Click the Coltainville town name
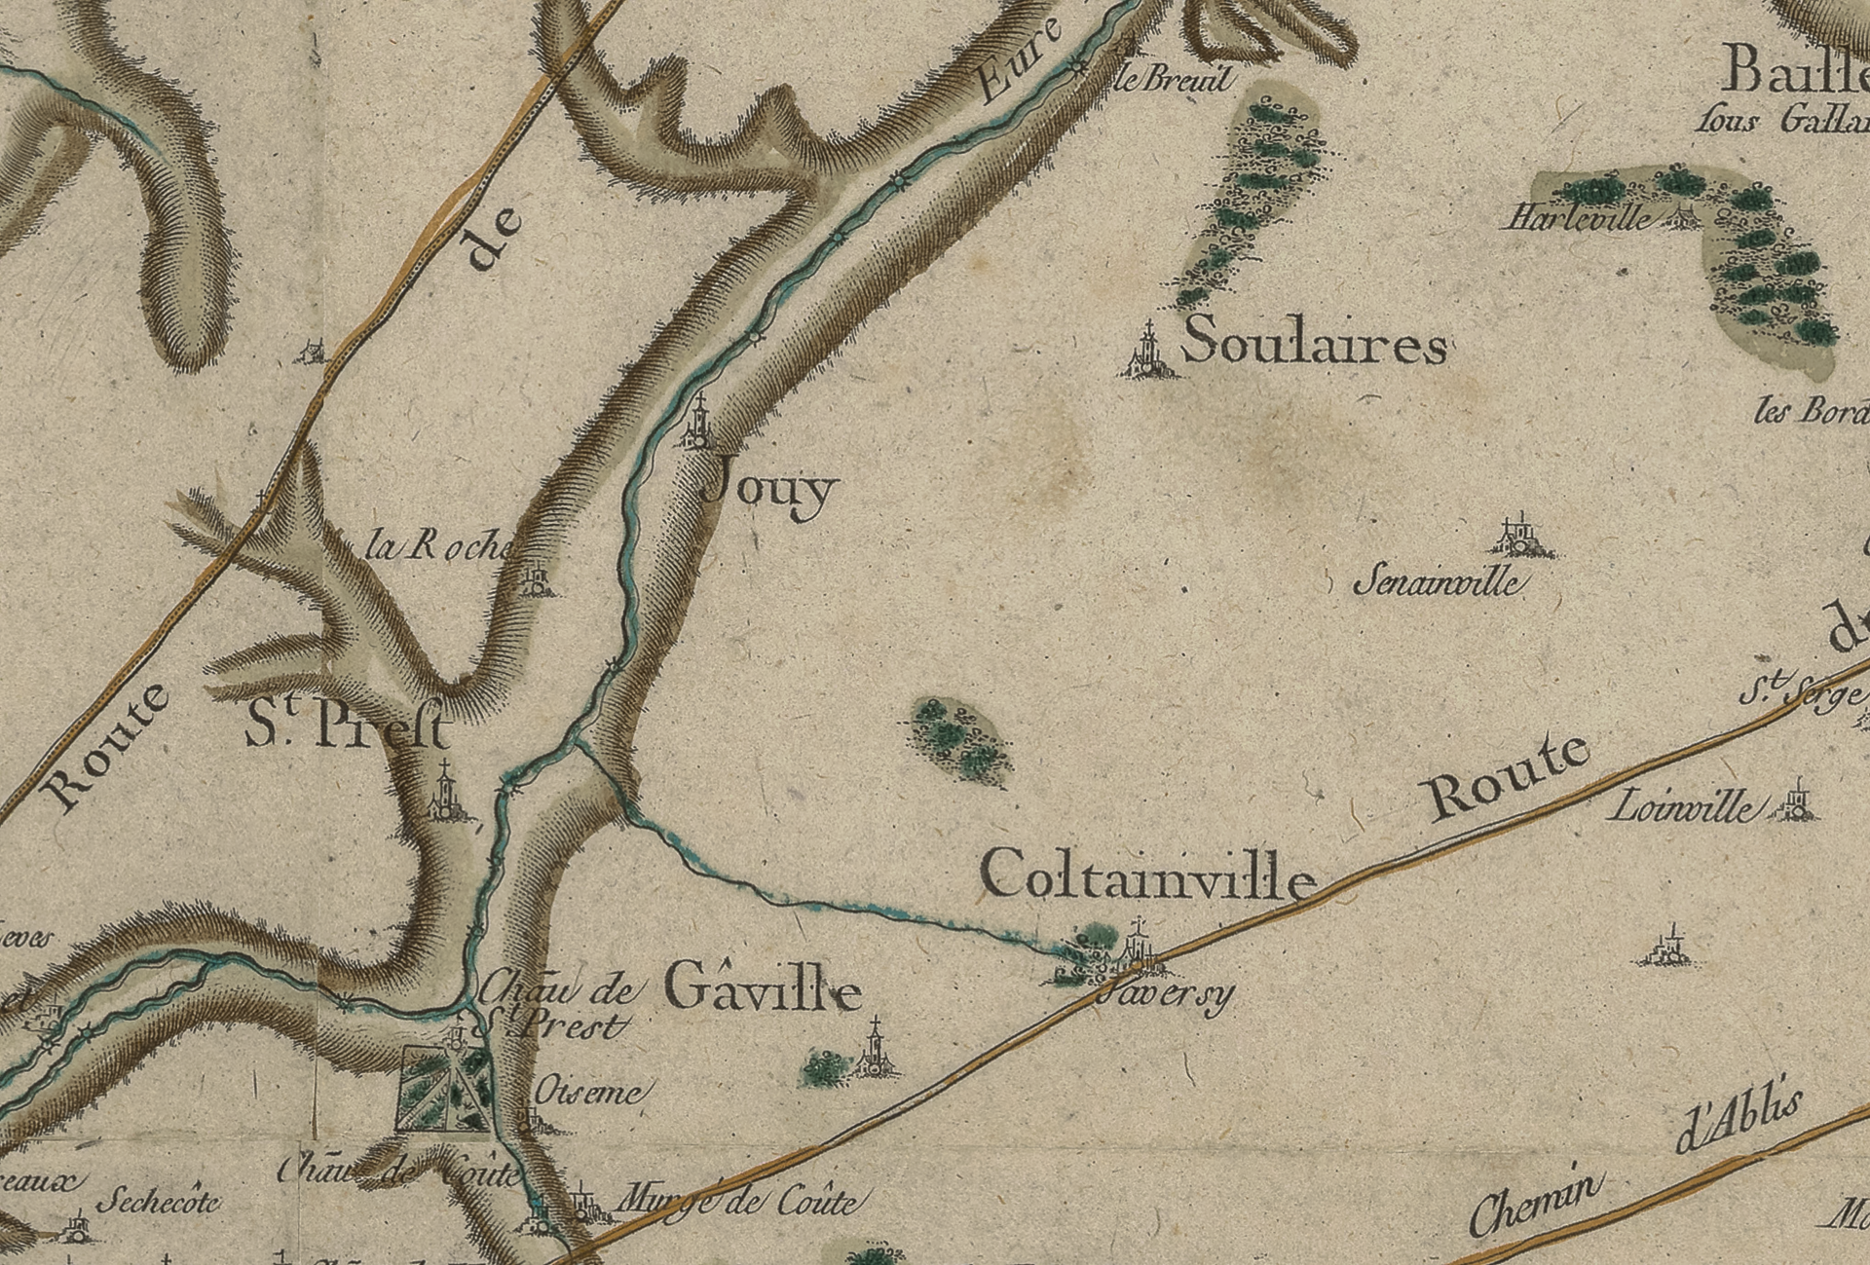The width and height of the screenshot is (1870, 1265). coord(1148,874)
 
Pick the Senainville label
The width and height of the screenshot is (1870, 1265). coord(1438,582)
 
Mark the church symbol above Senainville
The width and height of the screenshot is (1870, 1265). coord(1517,537)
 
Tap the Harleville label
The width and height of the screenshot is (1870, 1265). coord(1579,217)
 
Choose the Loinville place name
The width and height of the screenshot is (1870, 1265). coord(1683,806)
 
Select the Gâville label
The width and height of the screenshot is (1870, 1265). coord(764,991)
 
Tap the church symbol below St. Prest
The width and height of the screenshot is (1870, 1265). coord(445,794)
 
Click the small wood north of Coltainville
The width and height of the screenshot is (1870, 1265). coord(959,738)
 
